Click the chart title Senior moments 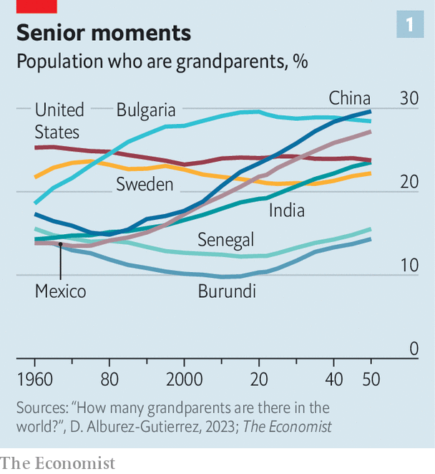[104, 32]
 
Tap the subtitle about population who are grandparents [162, 62]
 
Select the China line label [349, 98]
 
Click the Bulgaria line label [145, 110]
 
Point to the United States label [59, 121]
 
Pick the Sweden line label [145, 185]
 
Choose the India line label [287, 210]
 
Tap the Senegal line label [226, 239]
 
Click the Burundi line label [227, 291]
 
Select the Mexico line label [60, 291]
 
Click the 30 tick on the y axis [409, 98]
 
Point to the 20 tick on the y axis [409, 182]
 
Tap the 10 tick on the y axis [409, 266]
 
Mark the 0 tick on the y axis [413, 349]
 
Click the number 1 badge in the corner [410, 25]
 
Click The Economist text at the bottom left [58, 463]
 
